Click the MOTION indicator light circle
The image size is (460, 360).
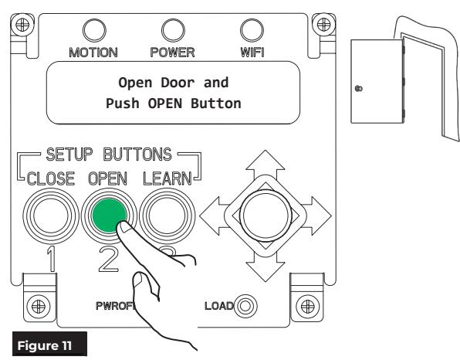click(94, 30)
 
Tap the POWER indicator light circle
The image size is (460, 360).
click(173, 30)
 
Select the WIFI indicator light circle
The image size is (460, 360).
click(252, 30)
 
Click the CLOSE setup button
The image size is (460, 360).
click(51, 216)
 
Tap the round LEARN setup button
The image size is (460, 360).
click(167, 216)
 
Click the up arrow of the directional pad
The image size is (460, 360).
click(266, 163)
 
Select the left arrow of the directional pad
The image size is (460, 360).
click(214, 216)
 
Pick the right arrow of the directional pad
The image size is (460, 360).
click(317, 216)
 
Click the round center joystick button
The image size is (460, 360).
click(266, 216)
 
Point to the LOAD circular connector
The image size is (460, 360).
click(245, 306)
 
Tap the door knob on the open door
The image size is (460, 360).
click(358, 88)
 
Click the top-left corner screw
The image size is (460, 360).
click(22, 25)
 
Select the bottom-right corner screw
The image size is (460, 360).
click(307, 307)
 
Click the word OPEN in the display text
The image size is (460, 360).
click(165, 104)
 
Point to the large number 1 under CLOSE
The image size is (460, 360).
click(52, 259)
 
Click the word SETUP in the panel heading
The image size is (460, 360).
click(69, 155)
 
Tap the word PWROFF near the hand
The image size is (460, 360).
click(116, 306)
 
